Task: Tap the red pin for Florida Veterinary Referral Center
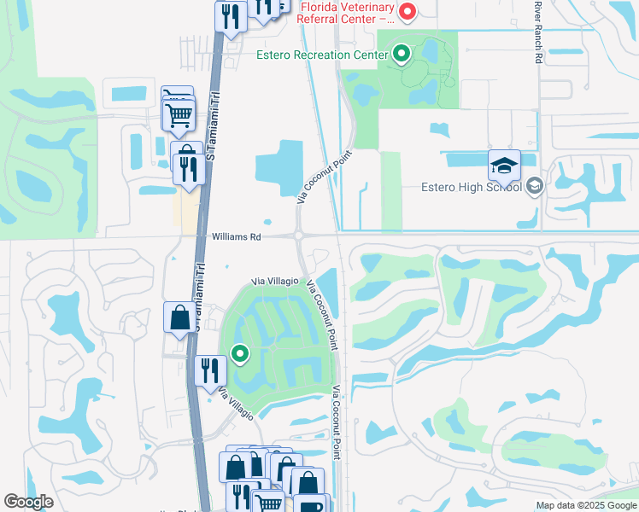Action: pos(407,12)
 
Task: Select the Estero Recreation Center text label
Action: pos(327,55)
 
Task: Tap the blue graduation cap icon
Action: pos(504,164)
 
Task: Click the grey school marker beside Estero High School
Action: pos(535,186)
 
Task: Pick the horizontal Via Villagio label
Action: pos(274,281)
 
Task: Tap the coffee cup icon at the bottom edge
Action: pos(308,505)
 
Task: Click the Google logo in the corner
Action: pos(28,503)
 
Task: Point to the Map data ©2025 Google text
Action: pos(586,505)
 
